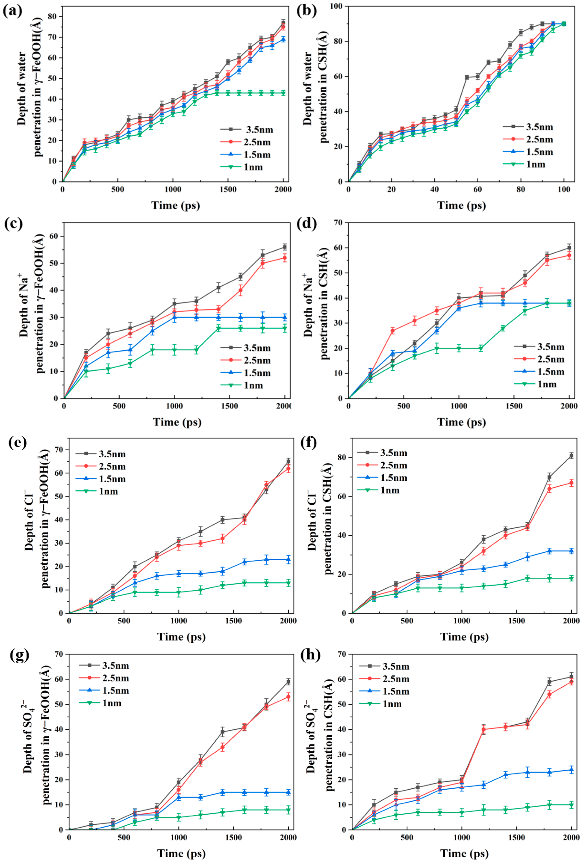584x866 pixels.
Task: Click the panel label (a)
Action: [12, 11]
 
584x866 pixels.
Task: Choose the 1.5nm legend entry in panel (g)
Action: [115, 691]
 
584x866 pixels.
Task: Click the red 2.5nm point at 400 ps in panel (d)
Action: [392, 331]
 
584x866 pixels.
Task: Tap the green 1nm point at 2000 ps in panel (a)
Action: [283, 93]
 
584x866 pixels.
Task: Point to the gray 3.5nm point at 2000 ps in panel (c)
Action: [285, 247]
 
